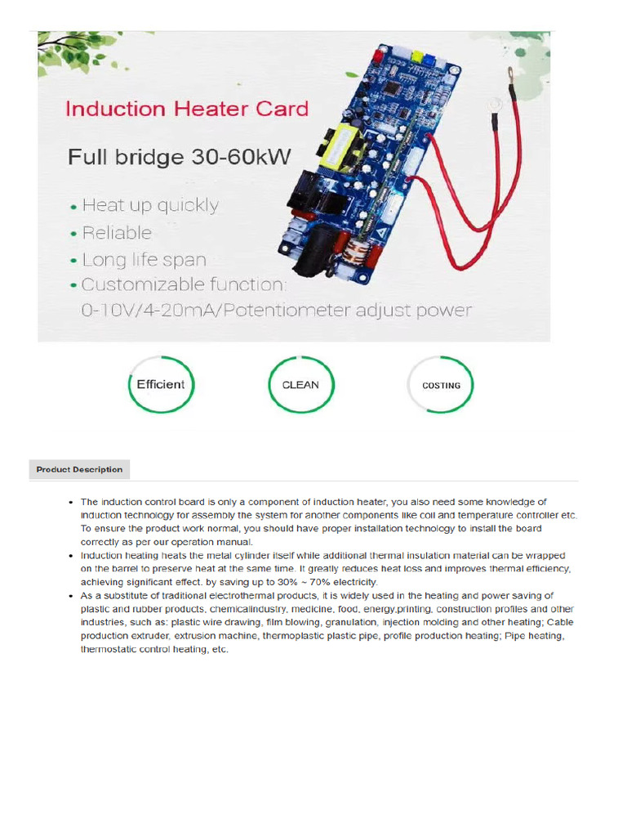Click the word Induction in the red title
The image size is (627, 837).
point(117,109)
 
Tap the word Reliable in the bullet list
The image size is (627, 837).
point(117,232)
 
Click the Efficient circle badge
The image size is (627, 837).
point(161,384)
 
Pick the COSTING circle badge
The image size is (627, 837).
point(441,385)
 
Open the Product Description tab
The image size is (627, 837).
point(79,469)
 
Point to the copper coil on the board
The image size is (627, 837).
point(356,251)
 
